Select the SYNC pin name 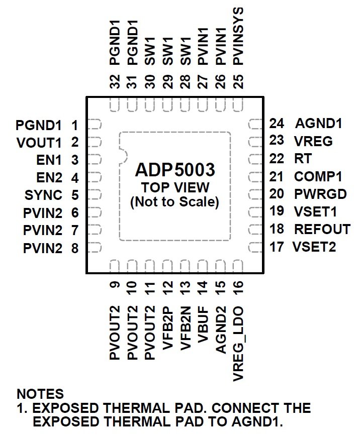pos(44,195)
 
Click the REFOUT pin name pos(322,229)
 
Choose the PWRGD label pos(320,194)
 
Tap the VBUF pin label pos(203,326)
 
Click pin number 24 pos(277,124)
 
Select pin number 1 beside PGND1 pos(74,125)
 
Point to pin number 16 pos(239,287)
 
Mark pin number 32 pos(115,81)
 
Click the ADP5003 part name pos(175,170)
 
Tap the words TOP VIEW pos(175,188)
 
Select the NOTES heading pos(40,393)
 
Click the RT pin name pos(303,159)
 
